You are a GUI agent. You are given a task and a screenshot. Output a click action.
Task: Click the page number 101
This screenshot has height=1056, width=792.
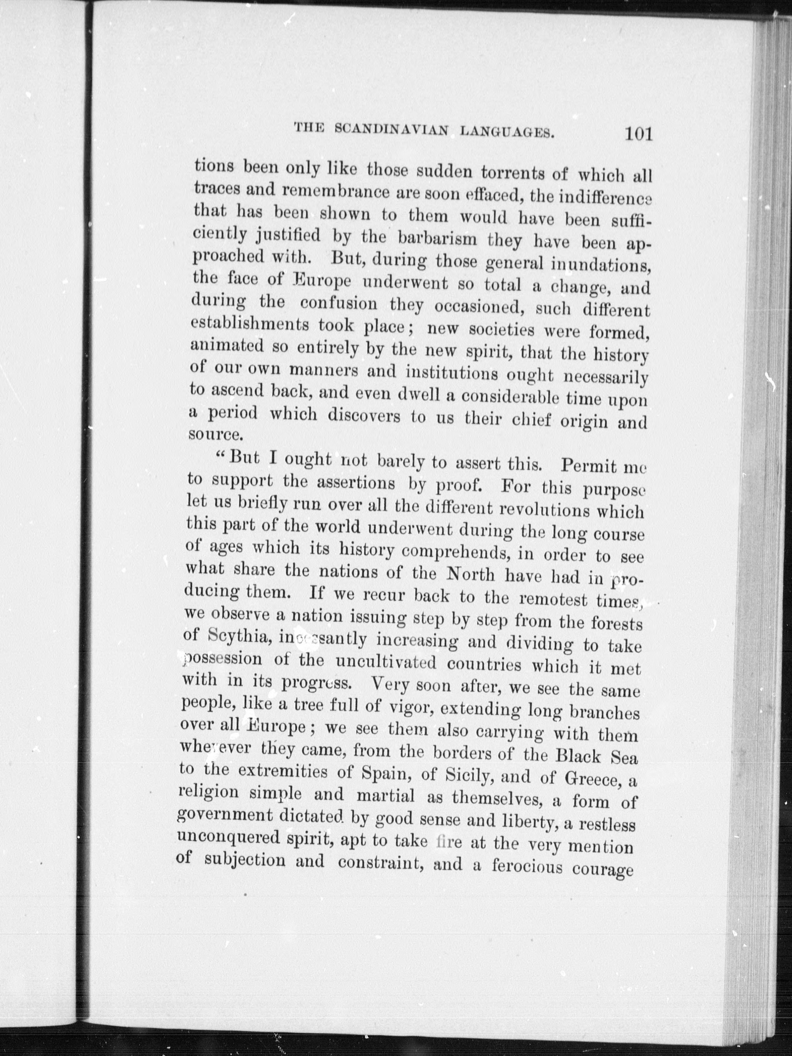tap(637, 134)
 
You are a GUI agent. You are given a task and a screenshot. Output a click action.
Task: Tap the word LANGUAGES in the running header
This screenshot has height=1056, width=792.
tap(507, 131)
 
